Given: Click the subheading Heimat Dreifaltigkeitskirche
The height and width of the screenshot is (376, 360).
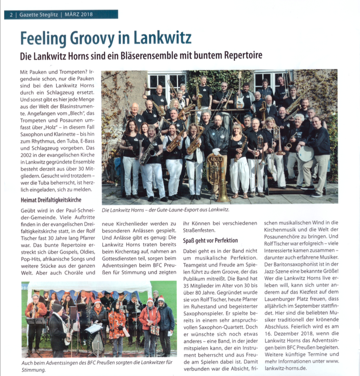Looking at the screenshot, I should click(51, 199).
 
